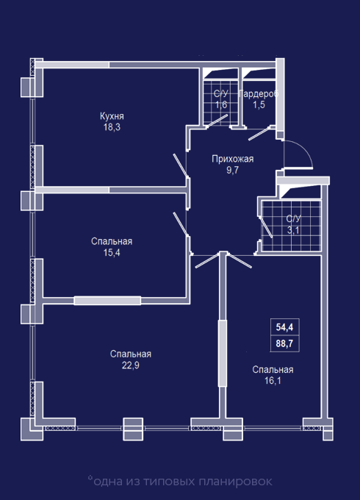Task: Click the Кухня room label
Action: [x=112, y=116]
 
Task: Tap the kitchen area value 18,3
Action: [x=112, y=127]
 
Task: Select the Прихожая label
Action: [x=233, y=159]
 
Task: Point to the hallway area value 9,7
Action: [x=233, y=170]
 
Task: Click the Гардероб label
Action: [x=259, y=93]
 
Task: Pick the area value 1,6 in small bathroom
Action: [x=221, y=104]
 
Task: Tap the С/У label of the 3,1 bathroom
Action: [x=293, y=219]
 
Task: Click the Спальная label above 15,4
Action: [x=112, y=241]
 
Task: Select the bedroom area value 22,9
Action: [x=131, y=365]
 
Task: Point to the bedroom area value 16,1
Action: [x=273, y=380]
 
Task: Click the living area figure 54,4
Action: [x=284, y=327]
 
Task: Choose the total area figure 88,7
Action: [x=284, y=344]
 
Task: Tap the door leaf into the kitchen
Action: [x=181, y=165]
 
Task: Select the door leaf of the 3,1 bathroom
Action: [x=266, y=227]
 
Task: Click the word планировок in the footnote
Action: [x=235, y=481]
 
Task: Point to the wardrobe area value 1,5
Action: [x=259, y=104]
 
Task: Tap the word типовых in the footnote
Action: [x=169, y=481]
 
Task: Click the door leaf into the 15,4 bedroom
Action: [x=181, y=224]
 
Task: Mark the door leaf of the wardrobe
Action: [x=259, y=135]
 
